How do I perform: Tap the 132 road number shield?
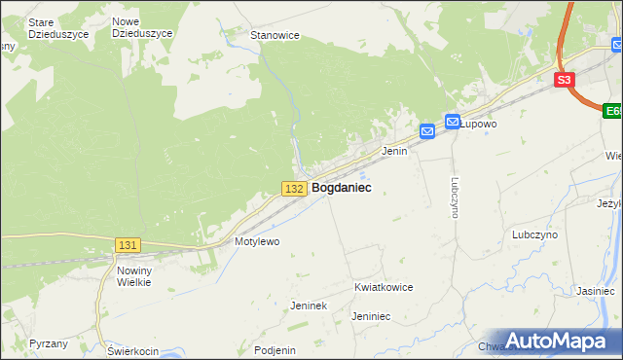coord(296,188)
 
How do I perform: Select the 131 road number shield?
coord(128,246)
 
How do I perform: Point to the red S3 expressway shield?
coord(566,81)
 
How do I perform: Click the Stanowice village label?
coord(275,35)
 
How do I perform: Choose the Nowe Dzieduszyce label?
coord(142,27)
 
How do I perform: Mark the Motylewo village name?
coord(257,241)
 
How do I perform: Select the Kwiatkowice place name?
coord(384,288)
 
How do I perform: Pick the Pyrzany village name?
coord(49,343)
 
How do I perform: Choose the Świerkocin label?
coord(132,350)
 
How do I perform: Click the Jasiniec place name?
coord(595,291)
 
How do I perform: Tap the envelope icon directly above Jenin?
coord(428,131)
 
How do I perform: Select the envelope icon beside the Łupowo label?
coord(453,122)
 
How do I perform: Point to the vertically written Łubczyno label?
coord(455,197)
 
